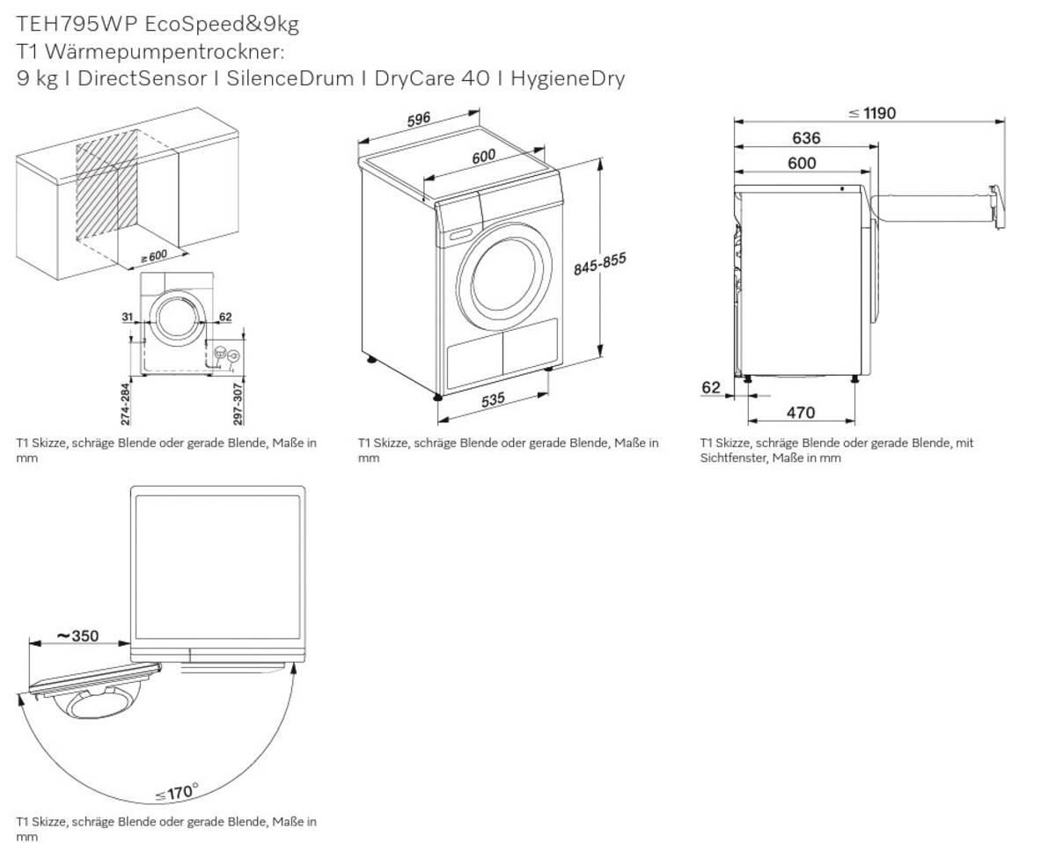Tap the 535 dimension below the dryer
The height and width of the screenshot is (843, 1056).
tap(493, 400)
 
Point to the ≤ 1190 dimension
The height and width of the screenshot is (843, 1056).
tap(872, 113)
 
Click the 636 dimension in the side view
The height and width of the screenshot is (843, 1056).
tap(805, 137)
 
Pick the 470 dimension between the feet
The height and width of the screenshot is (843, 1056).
tap(800, 412)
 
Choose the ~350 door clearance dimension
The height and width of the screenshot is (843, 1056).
tap(77, 635)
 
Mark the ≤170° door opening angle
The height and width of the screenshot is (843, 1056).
tap(176, 792)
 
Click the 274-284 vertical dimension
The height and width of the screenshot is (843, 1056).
tap(125, 403)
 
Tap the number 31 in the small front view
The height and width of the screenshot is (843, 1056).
tap(127, 317)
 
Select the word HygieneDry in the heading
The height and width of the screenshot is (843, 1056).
tap(568, 78)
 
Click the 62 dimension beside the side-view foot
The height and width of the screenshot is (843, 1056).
tap(711, 387)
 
